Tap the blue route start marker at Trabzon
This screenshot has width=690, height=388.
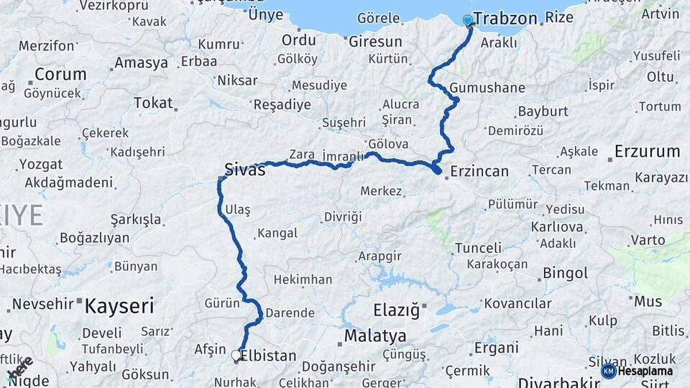coord(469,21)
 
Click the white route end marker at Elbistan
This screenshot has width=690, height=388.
coord(236,354)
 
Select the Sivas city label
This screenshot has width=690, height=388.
coord(245,170)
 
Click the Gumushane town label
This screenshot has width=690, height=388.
coord(488,88)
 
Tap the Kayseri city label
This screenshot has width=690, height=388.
coord(119,307)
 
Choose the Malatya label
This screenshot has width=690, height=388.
coord(375,336)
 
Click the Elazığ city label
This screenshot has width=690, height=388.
coord(396,310)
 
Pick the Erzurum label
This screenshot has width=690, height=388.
coord(647,152)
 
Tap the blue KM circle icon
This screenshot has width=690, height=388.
coord(608,371)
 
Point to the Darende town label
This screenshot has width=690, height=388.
coord(290,313)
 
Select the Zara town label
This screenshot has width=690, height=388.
coord(302,154)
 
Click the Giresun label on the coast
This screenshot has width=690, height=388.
coord(375,42)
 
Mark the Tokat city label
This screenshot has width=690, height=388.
coord(153,103)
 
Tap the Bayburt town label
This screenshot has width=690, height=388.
coord(543,112)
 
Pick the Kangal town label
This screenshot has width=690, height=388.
coord(277,234)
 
